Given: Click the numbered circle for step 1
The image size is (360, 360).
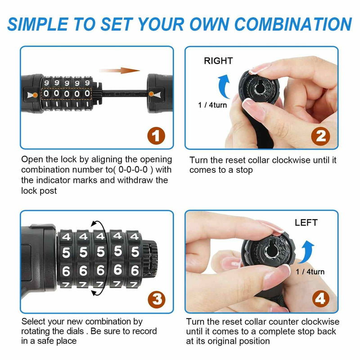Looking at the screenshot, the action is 156,136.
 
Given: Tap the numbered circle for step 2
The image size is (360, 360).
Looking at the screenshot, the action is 320,136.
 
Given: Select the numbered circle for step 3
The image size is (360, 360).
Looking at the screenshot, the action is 157,299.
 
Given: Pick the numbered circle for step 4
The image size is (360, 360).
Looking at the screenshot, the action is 321,299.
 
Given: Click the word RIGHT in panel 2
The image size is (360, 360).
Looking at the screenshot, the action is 218,61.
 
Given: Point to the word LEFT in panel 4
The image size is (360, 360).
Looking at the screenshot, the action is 306,222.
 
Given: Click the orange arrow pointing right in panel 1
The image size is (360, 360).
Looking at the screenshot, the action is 119,70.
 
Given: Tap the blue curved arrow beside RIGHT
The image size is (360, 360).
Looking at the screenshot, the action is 223,86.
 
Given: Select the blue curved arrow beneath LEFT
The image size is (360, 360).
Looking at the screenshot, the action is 307,252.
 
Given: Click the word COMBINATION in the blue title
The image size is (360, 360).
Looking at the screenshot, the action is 293,24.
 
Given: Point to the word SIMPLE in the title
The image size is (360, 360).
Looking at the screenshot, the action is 38,24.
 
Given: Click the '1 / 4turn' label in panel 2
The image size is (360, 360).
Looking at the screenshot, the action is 212,105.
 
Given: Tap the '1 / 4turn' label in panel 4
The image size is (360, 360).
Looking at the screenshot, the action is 310,272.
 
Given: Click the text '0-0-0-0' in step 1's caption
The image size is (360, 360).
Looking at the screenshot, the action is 133,170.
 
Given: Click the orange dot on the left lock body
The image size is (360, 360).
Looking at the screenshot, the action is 35,94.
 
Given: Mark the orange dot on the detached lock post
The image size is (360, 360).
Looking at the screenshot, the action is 151,94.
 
